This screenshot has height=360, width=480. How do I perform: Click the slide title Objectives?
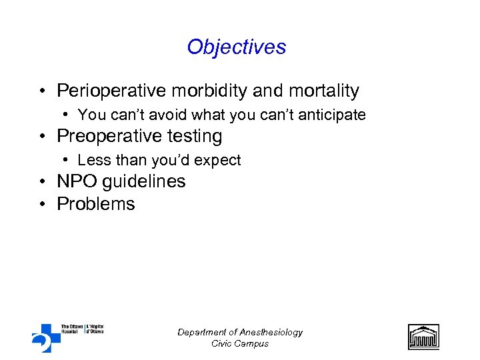[x=237, y=47]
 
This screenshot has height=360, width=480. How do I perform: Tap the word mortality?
[x=326, y=91]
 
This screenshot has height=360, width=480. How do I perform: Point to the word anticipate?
[x=332, y=115]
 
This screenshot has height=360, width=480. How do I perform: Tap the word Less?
[x=93, y=160]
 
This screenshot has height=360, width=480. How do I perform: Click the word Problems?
[x=96, y=204]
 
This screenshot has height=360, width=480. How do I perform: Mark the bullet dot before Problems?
[x=42, y=205]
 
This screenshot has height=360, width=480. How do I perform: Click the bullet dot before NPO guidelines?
[x=42, y=182]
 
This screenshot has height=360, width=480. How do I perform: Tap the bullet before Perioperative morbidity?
[x=42, y=91]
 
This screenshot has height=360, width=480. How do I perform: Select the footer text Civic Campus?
[x=240, y=343]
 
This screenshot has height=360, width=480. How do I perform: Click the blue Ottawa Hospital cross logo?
[x=45, y=337]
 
